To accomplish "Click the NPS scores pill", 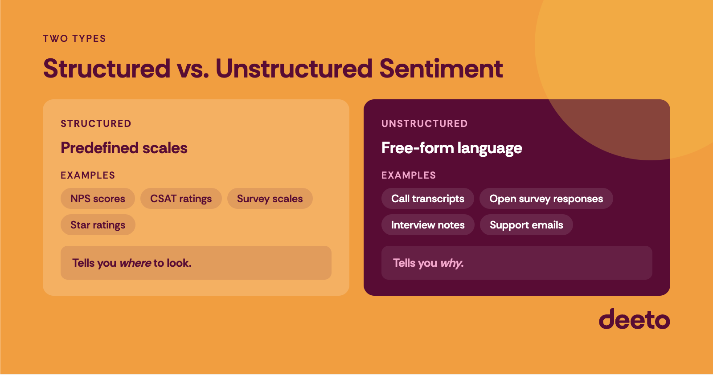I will (x=98, y=199).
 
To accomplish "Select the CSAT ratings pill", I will (x=181, y=199).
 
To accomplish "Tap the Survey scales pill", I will (x=270, y=199).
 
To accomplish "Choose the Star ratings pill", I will (x=98, y=225).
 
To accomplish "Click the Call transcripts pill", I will (x=427, y=199).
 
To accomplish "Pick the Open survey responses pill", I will (x=546, y=199).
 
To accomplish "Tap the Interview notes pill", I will (x=428, y=225).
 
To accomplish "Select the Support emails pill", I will (x=526, y=225).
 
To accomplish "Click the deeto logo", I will (x=634, y=319).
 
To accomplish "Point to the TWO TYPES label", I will (x=74, y=39).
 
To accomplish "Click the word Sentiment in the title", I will (x=441, y=69).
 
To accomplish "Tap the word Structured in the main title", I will (x=107, y=69).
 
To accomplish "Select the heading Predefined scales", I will (x=124, y=148).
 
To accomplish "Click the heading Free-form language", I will (x=451, y=148).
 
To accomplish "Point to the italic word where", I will (x=135, y=263).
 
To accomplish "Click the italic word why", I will (x=451, y=263).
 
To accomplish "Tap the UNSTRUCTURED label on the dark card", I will (x=424, y=124).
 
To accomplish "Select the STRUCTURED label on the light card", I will (x=96, y=124).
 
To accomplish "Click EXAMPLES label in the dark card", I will (x=408, y=175).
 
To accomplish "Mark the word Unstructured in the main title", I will (x=294, y=69).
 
